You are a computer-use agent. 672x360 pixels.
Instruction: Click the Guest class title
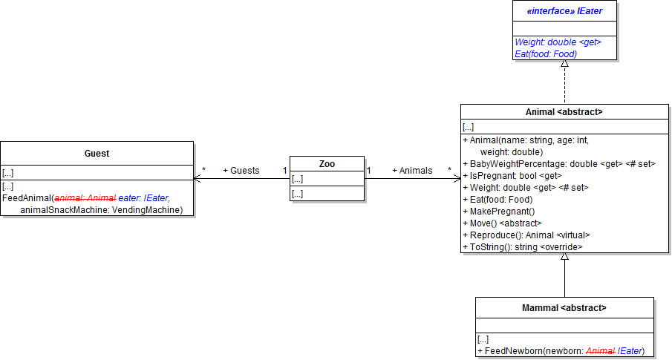[x=97, y=154]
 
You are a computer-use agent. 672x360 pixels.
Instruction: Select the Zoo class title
[x=327, y=163]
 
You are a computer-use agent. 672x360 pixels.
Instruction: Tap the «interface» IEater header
[x=564, y=11]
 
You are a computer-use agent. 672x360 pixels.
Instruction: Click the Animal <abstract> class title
[x=564, y=112]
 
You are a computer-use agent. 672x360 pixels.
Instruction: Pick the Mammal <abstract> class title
[x=564, y=307]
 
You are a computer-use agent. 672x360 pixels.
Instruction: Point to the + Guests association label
[x=241, y=171]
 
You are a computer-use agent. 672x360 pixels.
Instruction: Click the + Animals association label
[x=412, y=171]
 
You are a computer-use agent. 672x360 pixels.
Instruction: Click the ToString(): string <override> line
[x=523, y=247]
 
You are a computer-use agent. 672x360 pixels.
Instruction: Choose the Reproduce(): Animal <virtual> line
[x=526, y=235]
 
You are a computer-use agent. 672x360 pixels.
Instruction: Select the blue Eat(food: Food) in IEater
[x=546, y=53]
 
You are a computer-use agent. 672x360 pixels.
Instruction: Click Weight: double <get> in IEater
[x=558, y=43]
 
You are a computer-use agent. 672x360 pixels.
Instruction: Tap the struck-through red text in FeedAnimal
[x=85, y=198]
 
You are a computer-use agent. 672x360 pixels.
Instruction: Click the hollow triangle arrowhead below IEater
[x=564, y=64]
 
